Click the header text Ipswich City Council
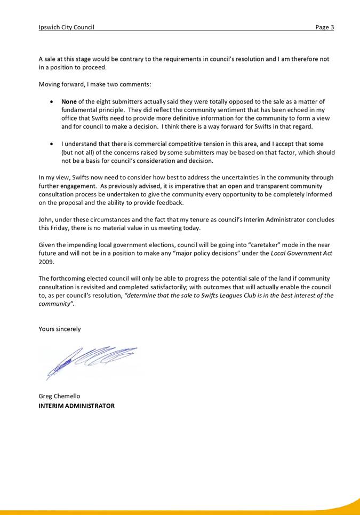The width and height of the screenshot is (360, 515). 66,27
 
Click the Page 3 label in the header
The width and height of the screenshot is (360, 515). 324,27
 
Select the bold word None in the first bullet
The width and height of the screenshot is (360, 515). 69,101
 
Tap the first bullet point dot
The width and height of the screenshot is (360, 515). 51,101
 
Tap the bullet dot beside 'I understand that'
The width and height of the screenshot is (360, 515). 51,144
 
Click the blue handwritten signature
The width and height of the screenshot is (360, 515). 91,360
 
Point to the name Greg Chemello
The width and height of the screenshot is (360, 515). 60,396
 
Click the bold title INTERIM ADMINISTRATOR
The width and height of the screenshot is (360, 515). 76,406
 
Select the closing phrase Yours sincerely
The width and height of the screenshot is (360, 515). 60,329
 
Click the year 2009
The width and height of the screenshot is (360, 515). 46,262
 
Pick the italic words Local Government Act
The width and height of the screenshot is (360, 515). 301,253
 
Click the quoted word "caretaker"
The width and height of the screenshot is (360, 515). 266,245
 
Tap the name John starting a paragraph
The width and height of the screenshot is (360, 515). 45,220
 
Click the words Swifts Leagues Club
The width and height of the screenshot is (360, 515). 203,295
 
